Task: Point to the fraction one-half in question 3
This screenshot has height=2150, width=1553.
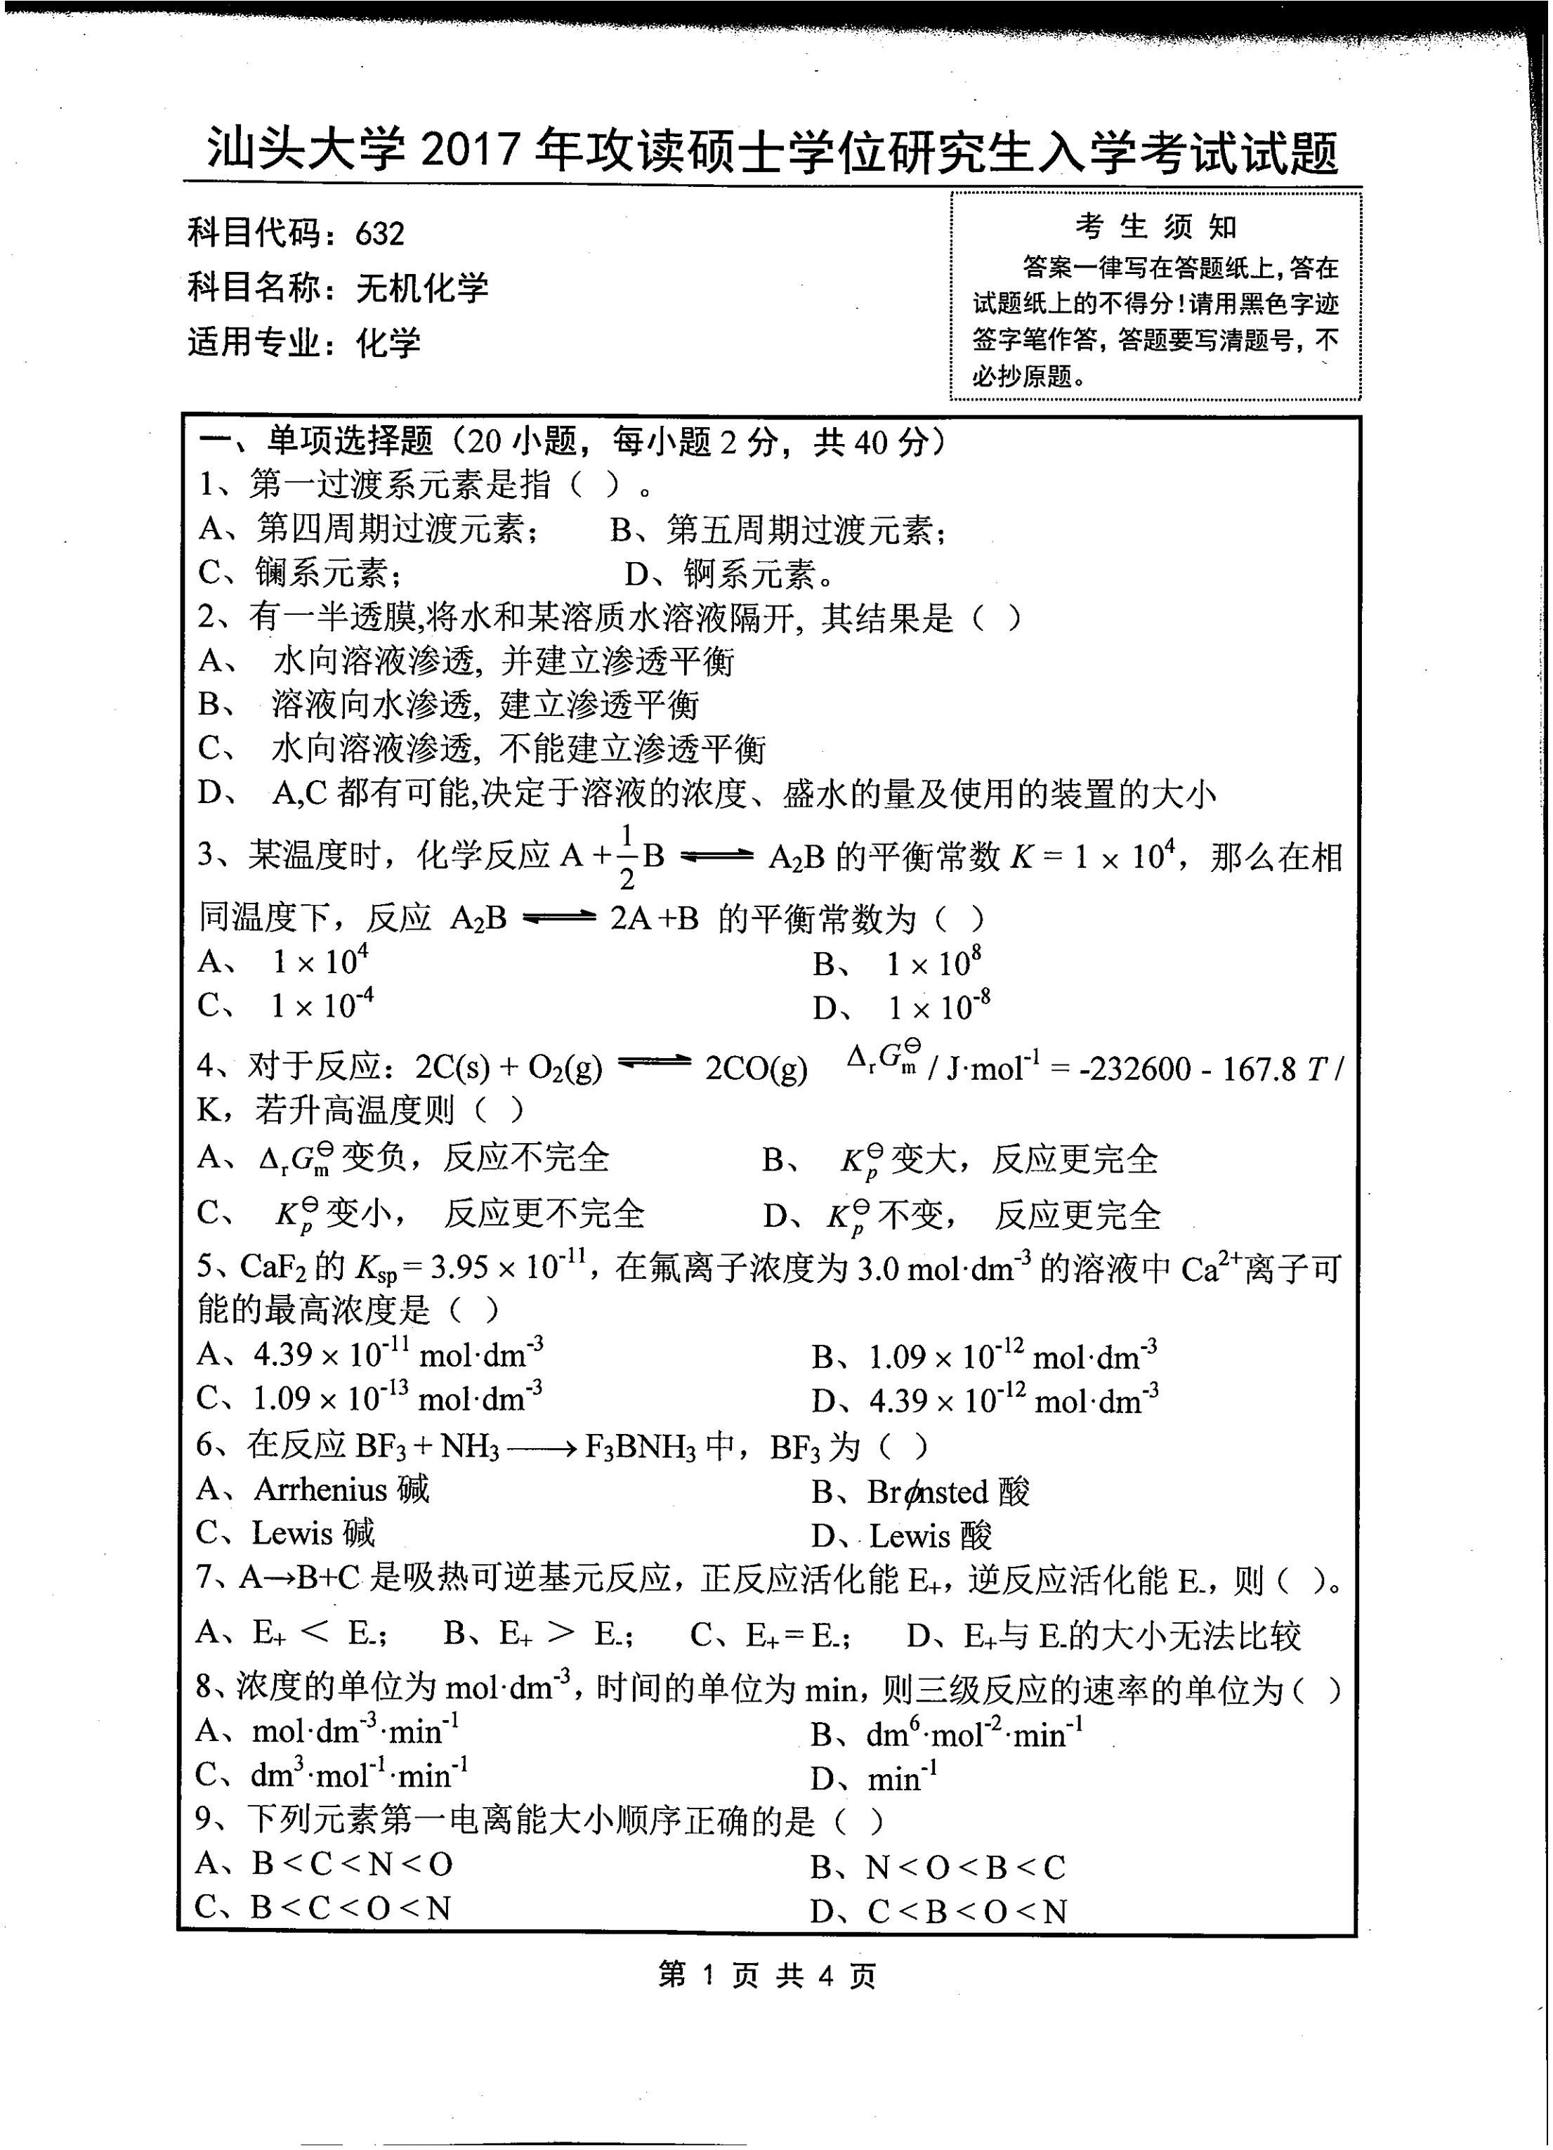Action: pyautogui.click(x=627, y=857)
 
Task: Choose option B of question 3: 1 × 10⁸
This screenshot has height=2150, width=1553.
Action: pyautogui.click(x=933, y=963)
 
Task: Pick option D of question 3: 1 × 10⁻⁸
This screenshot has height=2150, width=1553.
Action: pyautogui.click(x=938, y=1007)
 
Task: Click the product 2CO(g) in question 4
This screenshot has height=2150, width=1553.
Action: pyautogui.click(x=755, y=1069)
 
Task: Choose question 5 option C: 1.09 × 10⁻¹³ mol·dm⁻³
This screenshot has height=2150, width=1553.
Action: pyautogui.click(x=396, y=1398)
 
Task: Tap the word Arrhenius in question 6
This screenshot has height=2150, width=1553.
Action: pyautogui.click(x=320, y=1490)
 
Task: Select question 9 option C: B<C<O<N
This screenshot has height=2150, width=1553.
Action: pyautogui.click(x=350, y=1908)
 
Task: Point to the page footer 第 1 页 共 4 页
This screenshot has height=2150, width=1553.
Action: pyautogui.click(x=766, y=1976)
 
